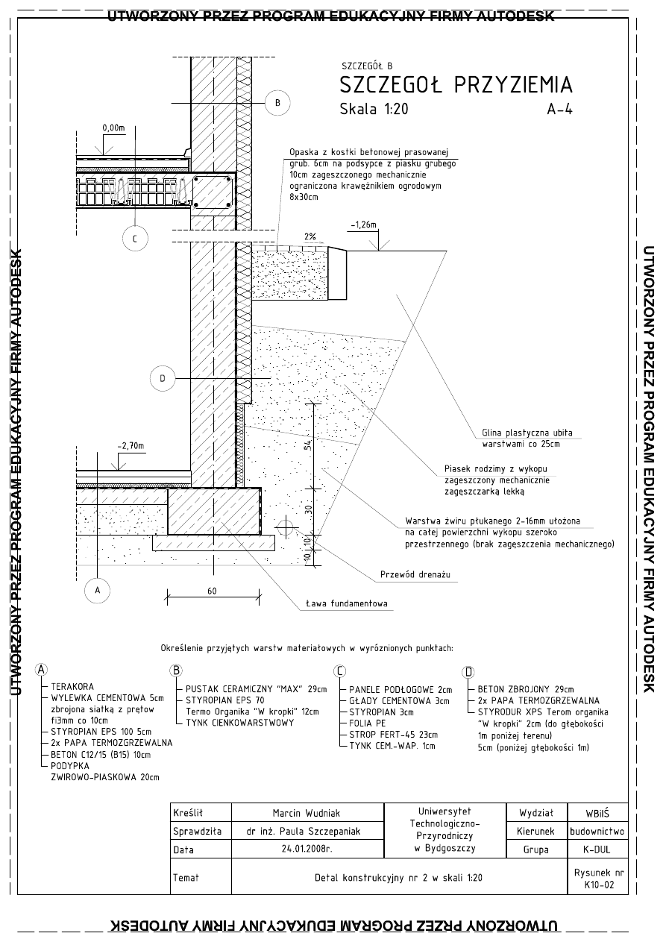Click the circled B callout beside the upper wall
coord(277,102)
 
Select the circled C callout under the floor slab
coord(134,239)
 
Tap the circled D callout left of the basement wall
coord(162,379)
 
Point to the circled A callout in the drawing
coord(96,590)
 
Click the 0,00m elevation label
coord(113,128)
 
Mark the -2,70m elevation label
coord(131,447)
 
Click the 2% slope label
coord(310,237)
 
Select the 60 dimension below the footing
coord(212,591)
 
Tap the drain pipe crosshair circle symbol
coord(283,527)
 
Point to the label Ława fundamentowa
coord(346,604)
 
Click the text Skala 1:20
coord(374,109)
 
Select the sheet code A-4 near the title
coord(559,109)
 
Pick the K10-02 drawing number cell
coord(599,885)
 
